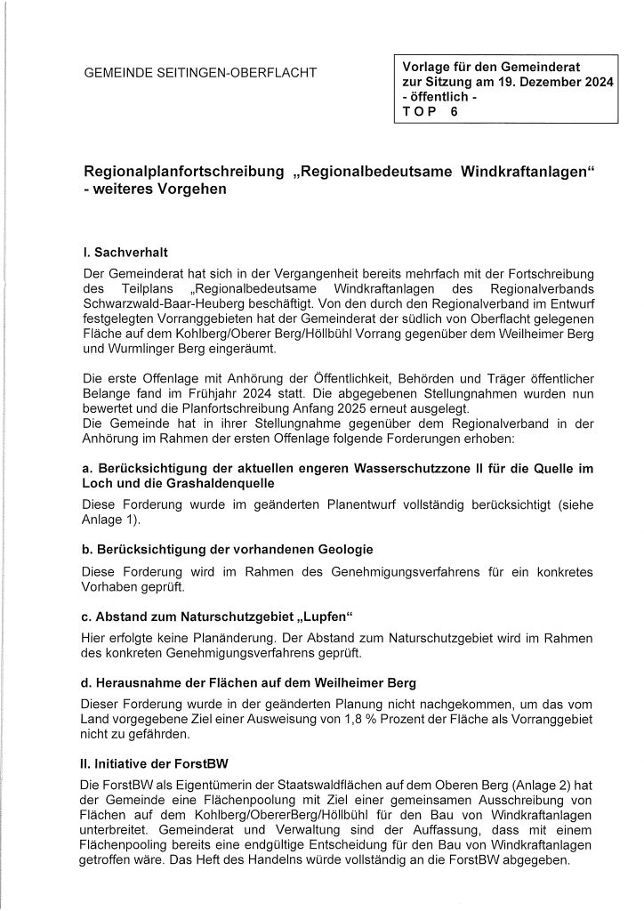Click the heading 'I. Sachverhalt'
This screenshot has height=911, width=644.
pos(119,254)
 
